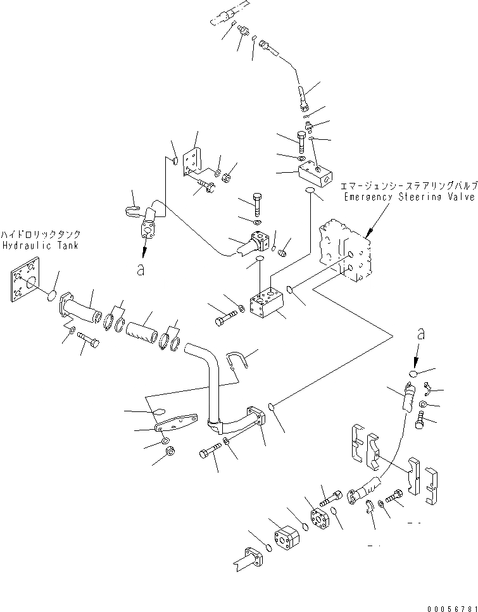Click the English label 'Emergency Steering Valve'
pyautogui.click(x=409, y=197)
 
